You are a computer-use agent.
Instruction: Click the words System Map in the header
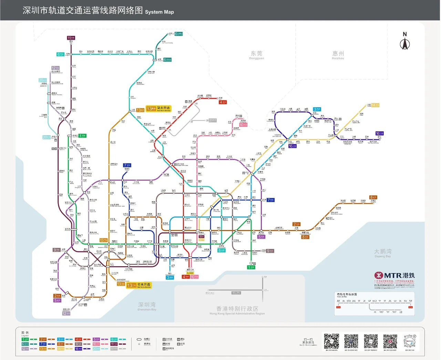[159, 12]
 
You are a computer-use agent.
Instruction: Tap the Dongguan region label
[256, 55]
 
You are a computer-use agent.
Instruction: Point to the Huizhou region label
[338, 55]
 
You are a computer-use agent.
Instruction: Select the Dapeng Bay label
[382, 253]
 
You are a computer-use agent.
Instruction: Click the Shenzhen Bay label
[147, 306]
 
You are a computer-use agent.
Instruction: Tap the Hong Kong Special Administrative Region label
[237, 310]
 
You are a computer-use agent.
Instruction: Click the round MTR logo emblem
[379, 276]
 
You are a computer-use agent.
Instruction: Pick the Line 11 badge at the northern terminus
[71, 38]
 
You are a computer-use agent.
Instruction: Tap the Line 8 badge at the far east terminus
[373, 198]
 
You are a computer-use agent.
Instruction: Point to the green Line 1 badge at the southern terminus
[251, 267]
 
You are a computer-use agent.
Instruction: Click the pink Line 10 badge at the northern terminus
[243, 125]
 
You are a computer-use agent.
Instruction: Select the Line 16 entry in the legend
[79, 349]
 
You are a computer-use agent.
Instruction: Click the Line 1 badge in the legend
[25, 339]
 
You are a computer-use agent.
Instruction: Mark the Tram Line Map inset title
[347, 294]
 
